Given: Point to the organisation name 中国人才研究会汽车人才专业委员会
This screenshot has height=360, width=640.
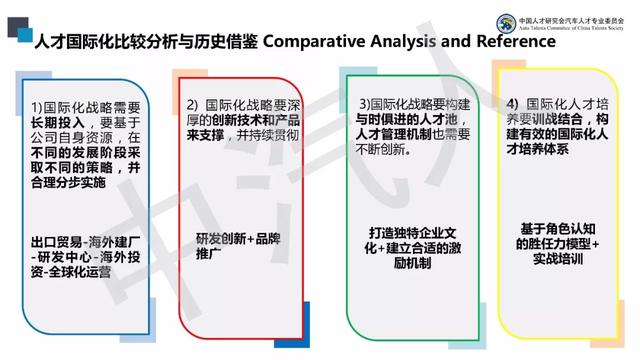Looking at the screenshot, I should coord(570,16).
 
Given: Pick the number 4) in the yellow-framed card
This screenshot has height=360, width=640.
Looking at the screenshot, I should coord(512,104).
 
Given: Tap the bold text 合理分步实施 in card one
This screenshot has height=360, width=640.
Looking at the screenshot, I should coord(68,183).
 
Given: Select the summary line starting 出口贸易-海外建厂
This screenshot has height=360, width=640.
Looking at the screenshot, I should coord(84,239).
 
